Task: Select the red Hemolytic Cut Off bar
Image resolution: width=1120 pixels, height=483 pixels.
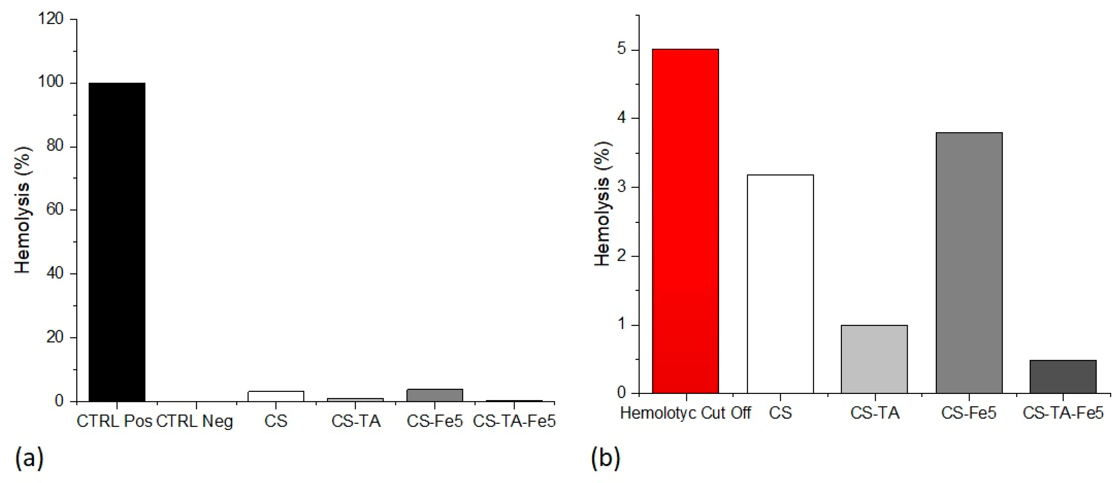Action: pos(685,221)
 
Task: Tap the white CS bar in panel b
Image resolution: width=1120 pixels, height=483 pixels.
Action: pos(780,284)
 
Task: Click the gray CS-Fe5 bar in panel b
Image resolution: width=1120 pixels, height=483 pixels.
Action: pos(969,263)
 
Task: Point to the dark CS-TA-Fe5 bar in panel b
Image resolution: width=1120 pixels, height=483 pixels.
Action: pos(1063,377)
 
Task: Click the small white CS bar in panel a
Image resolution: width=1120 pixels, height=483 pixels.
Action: pos(276,396)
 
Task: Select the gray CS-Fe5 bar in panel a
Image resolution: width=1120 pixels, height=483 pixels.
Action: pos(435,395)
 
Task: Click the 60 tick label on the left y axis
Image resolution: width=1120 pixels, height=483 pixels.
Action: pos(55,210)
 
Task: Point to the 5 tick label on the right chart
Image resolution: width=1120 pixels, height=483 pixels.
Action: pos(621,49)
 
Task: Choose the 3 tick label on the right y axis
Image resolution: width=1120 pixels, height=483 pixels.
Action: pos(621,187)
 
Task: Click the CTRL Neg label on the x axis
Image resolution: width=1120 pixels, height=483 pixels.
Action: pos(195,421)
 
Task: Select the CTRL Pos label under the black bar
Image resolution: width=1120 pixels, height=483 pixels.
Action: pos(114,421)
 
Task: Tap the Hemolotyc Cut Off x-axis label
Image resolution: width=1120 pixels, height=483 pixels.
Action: pos(685,413)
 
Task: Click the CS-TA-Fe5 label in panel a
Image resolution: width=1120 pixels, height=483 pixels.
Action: pos(514,421)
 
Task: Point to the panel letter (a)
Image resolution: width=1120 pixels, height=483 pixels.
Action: pos(29,458)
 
